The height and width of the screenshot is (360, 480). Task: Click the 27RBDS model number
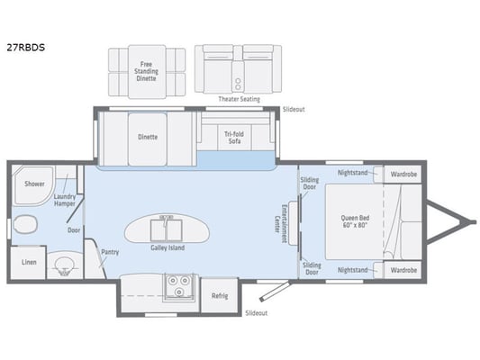tap(26, 48)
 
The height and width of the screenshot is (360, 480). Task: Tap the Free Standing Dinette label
tap(146, 71)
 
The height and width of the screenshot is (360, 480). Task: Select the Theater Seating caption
tap(239, 99)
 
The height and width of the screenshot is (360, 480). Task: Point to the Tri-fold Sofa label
tap(234, 138)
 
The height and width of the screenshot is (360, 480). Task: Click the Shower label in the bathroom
tap(34, 184)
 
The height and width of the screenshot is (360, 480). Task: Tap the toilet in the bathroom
tap(25, 224)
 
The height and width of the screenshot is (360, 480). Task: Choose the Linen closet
tap(29, 263)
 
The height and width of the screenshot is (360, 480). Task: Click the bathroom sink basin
tap(64, 265)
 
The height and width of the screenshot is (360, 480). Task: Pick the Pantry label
tap(110, 252)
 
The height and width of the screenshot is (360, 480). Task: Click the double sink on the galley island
tap(167, 228)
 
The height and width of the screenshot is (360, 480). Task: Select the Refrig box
tap(220, 295)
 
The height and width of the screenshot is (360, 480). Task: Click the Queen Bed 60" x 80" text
tap(355, 221)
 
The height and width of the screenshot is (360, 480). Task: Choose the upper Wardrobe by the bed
tap(403, 175)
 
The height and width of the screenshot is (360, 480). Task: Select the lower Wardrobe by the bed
tap(403, 270)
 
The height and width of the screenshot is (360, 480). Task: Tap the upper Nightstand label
tap(353, 173)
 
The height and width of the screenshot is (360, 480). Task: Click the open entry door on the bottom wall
tap(275, 292)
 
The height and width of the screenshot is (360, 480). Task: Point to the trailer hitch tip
tap(475, 222)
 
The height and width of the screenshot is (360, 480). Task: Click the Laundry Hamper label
tap(65, 200)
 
